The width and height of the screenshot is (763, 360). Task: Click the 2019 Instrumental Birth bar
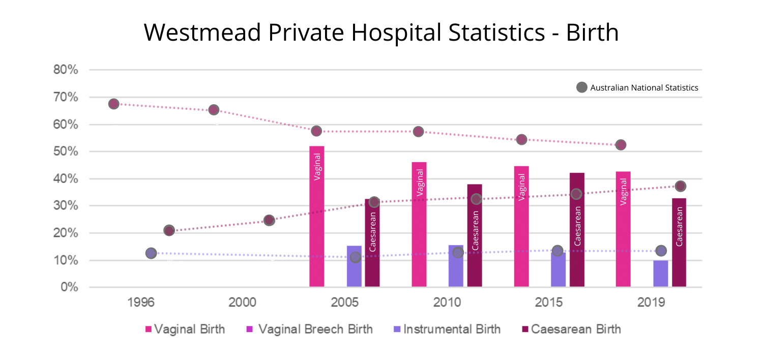pyautogui.click(x=660, y=274)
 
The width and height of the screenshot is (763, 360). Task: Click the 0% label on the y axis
pyautogui.click(x=70, y=287)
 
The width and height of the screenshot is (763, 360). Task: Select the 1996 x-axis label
pyautogui.click(x=141, y=303)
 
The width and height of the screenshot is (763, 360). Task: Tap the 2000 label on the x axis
pyautogui.click(x=243, y=303)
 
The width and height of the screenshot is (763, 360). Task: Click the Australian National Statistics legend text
pyautogui.click(x=644, y=88)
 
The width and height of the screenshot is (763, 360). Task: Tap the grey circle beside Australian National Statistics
pyautogui.click(x=581, y=87)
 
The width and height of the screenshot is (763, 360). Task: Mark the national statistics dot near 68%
pyautogui.click(x=113, y=104)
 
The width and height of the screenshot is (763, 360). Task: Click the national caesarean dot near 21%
pyautogui.click(x=169, y=230)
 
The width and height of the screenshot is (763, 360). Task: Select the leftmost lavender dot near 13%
pyautogui.click(x=151, y=253)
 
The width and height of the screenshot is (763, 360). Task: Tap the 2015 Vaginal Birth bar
pyautogui.click(x=521, y=227)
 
